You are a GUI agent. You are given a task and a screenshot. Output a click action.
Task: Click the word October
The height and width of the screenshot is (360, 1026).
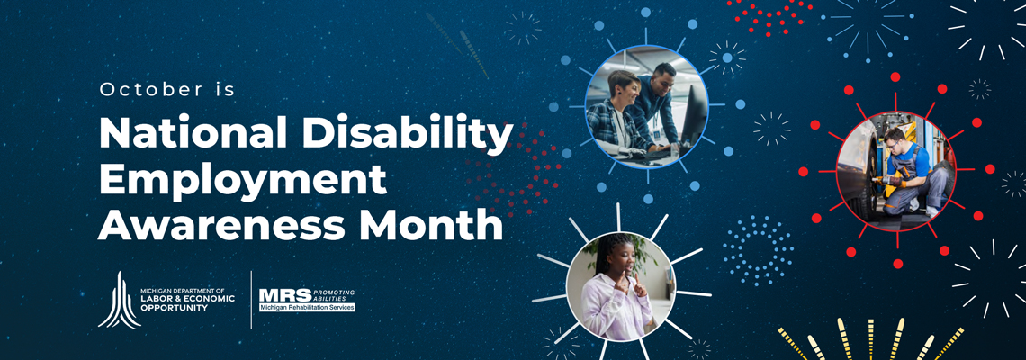click(152, 90)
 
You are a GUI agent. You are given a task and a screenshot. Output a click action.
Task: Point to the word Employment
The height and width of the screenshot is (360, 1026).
click(242, 180)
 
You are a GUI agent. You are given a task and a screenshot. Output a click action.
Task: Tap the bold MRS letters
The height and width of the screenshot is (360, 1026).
click(285, 295)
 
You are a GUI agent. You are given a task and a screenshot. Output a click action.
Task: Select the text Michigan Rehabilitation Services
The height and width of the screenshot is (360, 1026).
click(307, 307)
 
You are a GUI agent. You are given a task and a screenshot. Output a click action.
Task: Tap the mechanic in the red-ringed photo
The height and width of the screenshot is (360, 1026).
click(910, 172)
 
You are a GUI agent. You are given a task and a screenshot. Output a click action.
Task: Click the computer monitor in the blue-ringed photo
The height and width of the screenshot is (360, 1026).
click(694, 114)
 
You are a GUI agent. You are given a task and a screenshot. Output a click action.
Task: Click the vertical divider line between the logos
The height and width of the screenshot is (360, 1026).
click(251, 300)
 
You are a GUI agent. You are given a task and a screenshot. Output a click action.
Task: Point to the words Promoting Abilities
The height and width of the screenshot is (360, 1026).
click(334, 293)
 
